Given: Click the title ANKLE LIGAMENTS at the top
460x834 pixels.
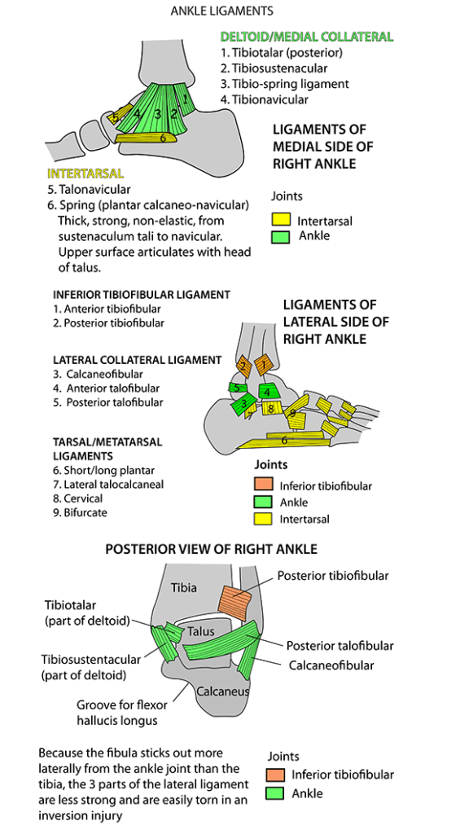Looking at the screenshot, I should (221, 11).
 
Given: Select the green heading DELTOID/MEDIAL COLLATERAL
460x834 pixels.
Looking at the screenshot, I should (306, 37).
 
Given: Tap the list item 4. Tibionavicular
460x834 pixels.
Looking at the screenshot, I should (265, 99).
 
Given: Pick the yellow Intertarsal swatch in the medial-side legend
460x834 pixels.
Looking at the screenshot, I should (281, 220).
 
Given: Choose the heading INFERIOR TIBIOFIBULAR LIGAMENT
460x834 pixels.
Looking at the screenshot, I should (142, 295).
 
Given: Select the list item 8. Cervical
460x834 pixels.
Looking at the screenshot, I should (78, 498).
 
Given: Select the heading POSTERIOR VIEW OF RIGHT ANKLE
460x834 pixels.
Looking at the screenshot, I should (211, 550).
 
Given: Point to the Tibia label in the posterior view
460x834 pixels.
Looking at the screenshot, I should (183, 587).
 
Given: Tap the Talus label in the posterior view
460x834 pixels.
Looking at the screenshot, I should (200, 631).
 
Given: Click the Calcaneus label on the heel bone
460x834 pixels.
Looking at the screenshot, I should (222, 691).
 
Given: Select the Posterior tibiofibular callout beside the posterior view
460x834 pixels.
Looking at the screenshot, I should (332, 576).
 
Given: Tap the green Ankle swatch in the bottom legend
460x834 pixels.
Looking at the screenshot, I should (276, 793).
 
